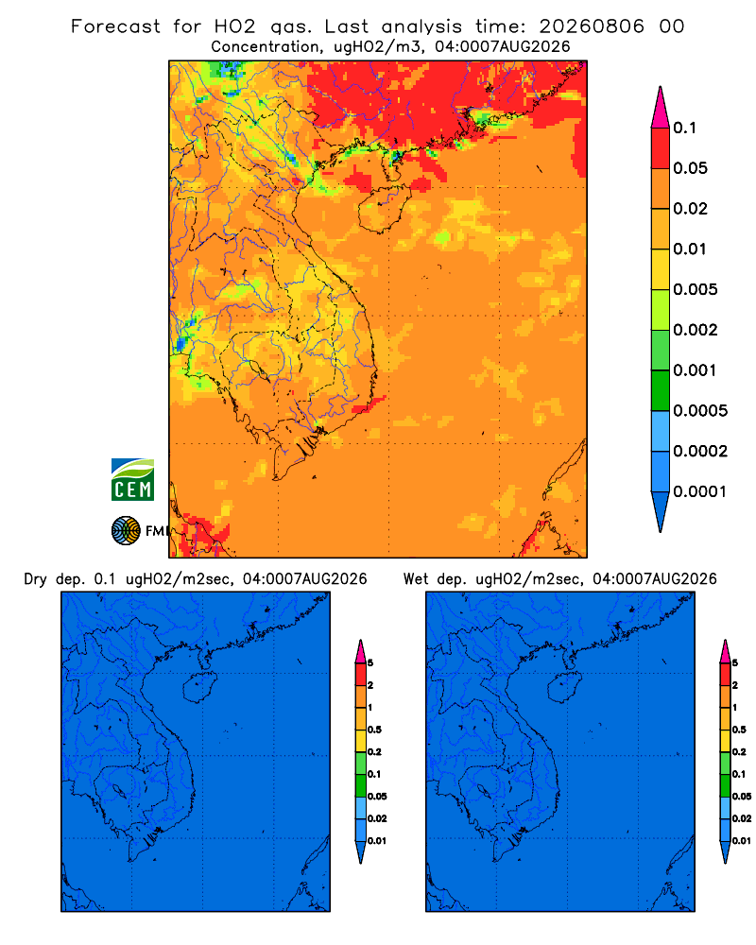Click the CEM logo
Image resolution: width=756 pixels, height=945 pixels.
[132, 479]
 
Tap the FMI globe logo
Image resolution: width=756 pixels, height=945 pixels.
[126, 530]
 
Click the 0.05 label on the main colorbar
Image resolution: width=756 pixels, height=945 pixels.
[690, 168]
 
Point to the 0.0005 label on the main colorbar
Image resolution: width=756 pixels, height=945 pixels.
[700, 411]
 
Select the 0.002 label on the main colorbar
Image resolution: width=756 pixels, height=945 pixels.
[696, 330]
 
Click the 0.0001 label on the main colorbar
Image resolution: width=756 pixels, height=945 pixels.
[700, 491]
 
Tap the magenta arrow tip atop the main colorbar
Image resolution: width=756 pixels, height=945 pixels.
[661, 107]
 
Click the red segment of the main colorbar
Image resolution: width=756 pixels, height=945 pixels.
[661, 148]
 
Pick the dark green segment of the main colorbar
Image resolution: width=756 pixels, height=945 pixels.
[661, 390]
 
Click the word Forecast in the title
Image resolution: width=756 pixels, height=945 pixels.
[115, 26]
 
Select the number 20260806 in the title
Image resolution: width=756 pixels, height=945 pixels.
[592, 26]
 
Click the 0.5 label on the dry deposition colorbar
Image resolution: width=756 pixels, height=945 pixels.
[374, 730]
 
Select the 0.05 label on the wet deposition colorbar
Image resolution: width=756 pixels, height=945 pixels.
[742, 797]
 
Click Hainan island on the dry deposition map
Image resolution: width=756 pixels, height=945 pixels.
[199, 688]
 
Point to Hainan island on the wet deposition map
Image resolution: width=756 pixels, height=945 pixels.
[564, 688]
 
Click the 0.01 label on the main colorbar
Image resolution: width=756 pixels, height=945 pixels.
[690, 249]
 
